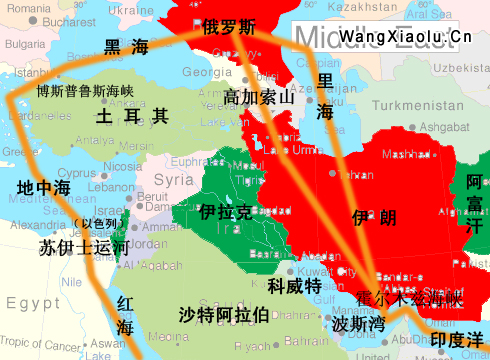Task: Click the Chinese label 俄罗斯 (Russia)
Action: tap(229, 26)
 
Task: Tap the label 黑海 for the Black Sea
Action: tap(126, 46)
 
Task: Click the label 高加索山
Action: tap(259, 97)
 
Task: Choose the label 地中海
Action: tap(44, 188)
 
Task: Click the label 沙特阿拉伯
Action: tap(224, 316)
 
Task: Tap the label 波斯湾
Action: tap(358, 325)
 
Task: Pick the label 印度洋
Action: tap(456, 340)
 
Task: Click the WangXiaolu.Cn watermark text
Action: tap(405, 37)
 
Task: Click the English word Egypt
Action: tap(32, 303)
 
